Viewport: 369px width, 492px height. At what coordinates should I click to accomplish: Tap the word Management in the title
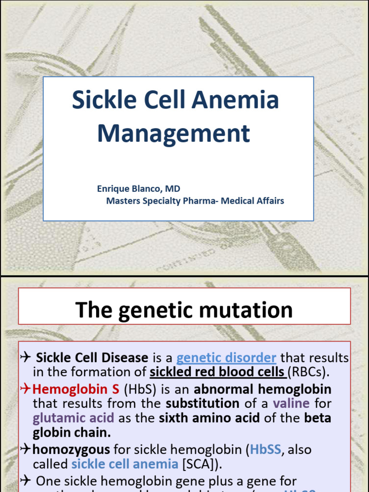173,134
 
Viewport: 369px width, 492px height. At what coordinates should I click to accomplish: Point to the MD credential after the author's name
173,189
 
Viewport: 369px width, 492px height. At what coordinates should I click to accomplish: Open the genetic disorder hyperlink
226,358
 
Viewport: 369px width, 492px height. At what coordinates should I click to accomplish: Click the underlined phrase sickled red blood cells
218,372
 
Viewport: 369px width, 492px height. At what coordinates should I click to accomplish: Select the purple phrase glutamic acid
74,418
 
